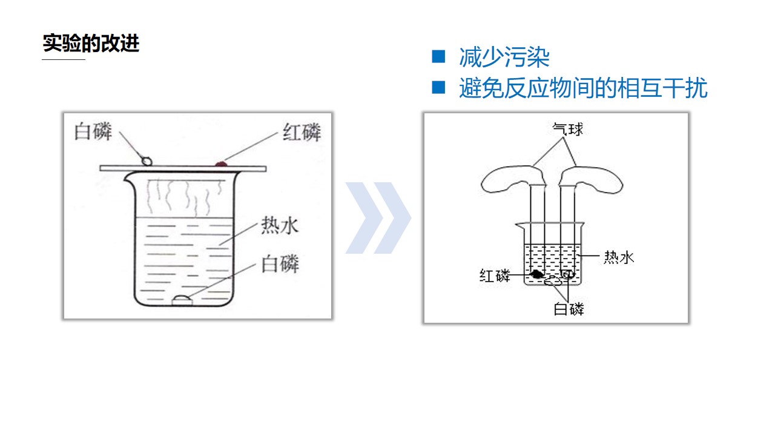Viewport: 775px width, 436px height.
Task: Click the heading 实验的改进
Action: point(91,43)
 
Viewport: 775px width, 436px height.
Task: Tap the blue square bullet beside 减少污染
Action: point(438,56)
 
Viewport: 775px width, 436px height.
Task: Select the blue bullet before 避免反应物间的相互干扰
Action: point(438,87)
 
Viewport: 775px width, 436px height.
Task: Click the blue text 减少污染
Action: point(504,57)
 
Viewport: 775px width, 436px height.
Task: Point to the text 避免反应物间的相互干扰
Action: point(583,88)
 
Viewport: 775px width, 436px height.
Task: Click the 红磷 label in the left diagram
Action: point(302,132)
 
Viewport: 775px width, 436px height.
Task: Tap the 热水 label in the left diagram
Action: point(280,225)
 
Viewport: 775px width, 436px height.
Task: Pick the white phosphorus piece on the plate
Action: point(147,161)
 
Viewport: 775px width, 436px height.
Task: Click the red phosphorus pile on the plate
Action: point(221,163)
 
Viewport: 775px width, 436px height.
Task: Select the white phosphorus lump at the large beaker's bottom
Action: point(182,300)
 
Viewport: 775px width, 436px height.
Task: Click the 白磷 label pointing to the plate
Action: point(93,131)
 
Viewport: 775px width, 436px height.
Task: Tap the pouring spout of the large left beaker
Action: point(127,177)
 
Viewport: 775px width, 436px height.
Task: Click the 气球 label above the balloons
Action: point(567,129)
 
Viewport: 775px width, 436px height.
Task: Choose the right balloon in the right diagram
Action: point(592,179)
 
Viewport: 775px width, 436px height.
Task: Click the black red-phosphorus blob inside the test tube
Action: point(537,274)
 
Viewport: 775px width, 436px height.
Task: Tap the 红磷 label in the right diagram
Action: point(495,276)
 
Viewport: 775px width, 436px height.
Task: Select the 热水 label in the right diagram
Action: point(619,257)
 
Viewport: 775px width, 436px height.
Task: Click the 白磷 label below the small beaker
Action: point(569,309)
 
